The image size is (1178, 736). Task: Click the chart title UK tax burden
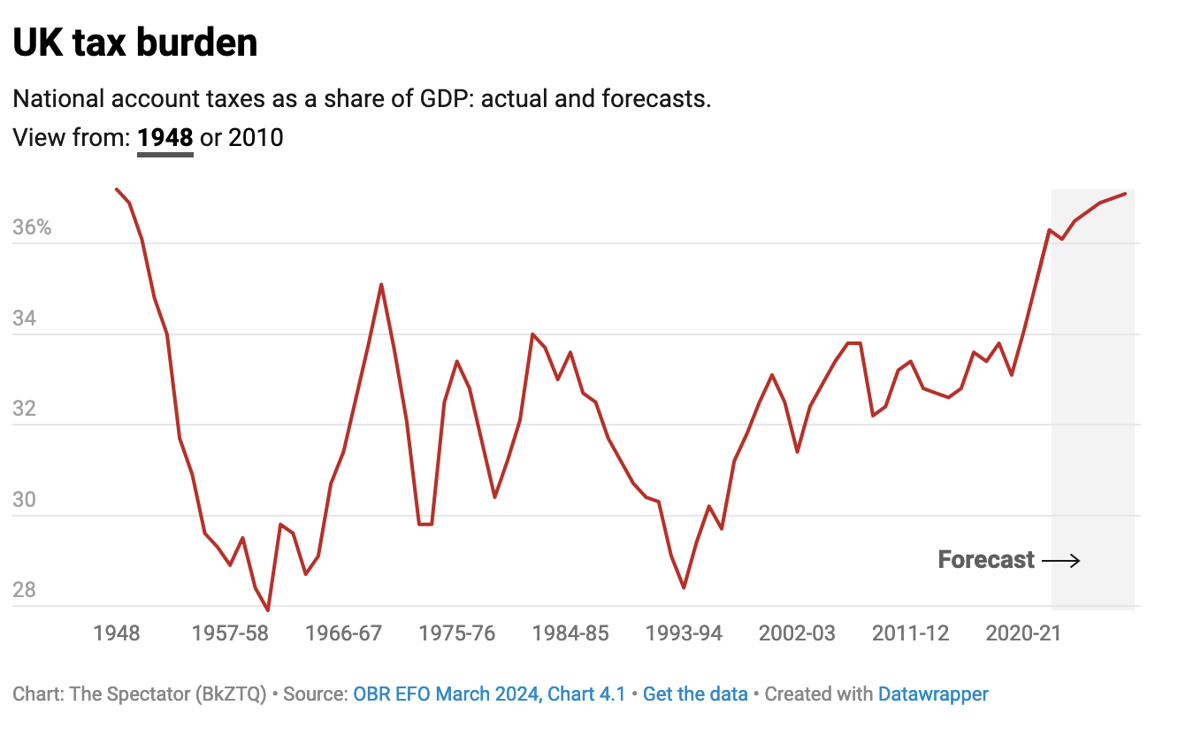135,42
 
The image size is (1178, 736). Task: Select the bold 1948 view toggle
164,138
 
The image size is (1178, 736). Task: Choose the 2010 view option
256,138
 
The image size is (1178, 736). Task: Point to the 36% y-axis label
33,228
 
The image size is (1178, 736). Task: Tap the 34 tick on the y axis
25,318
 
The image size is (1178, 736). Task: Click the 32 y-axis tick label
25,410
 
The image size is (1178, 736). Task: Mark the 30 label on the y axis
25,500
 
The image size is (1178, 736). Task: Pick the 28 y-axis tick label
25,590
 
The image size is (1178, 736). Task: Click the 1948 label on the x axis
116,633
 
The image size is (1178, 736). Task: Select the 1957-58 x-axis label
230,633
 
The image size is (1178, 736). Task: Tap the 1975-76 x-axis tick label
457,633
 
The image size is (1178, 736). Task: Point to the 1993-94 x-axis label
684,633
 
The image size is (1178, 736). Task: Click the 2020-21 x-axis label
1023,633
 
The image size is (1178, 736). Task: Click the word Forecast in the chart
986,560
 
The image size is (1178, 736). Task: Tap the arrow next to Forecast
1060,560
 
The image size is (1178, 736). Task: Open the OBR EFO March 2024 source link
489,694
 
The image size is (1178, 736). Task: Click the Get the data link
695,694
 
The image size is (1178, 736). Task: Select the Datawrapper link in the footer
933,694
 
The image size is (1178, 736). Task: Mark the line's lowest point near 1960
267,610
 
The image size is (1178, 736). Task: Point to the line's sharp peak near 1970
381,285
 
